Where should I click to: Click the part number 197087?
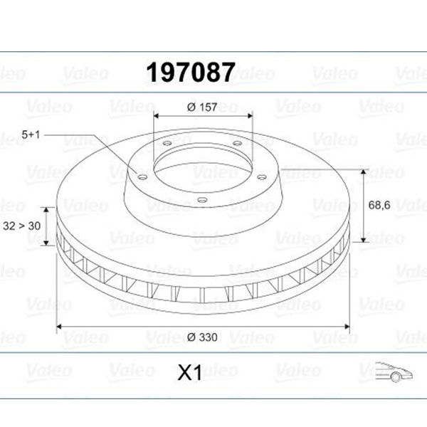tap(191, 72)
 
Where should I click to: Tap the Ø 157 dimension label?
tap(202, 107)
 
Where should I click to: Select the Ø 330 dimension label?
tap(202, 337)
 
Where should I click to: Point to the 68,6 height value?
tap(379, 205)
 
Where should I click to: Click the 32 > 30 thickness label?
tap(21, 226)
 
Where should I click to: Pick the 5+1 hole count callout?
tap(31, 135)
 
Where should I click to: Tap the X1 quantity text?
tap(190, 372)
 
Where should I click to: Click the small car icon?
tap(394, 372)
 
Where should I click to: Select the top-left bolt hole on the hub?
tap(167, 143)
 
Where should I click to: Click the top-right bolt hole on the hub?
tap(237, 143)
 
